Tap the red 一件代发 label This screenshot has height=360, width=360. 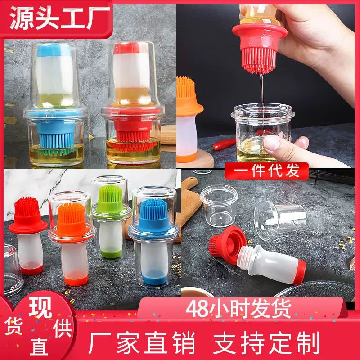pos(267,171)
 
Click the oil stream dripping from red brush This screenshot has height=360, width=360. pos(260,103)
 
